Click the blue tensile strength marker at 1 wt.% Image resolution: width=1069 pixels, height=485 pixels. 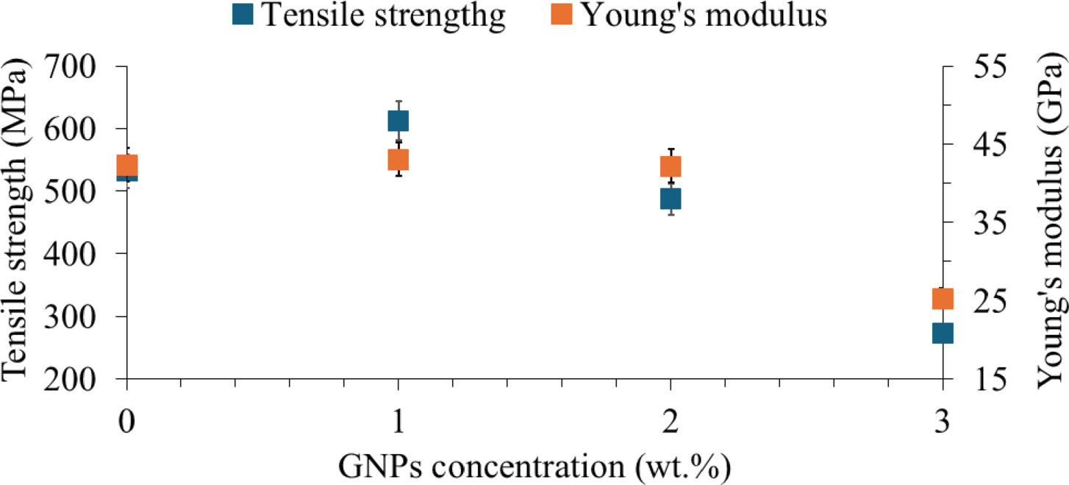pos(398,121)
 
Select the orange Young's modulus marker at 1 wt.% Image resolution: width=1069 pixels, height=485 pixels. pos(398,160)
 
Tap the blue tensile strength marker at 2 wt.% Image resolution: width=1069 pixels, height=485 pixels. pos(670,199)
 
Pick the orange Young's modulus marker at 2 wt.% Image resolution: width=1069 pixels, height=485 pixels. pos(670,167)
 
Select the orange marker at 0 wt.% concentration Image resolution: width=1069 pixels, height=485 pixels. pos(127,166)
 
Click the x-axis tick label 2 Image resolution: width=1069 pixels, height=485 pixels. pos(670,424)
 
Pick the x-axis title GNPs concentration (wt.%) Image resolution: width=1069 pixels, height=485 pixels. pos(534,465)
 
